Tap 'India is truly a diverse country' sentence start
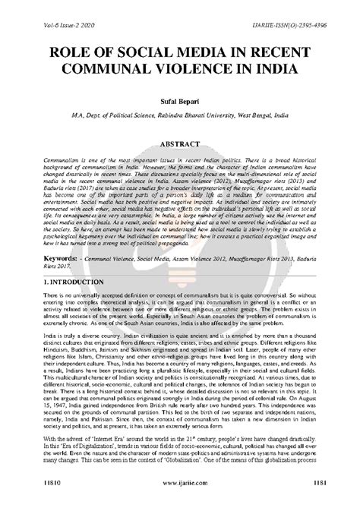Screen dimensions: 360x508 tap(68, 333)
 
